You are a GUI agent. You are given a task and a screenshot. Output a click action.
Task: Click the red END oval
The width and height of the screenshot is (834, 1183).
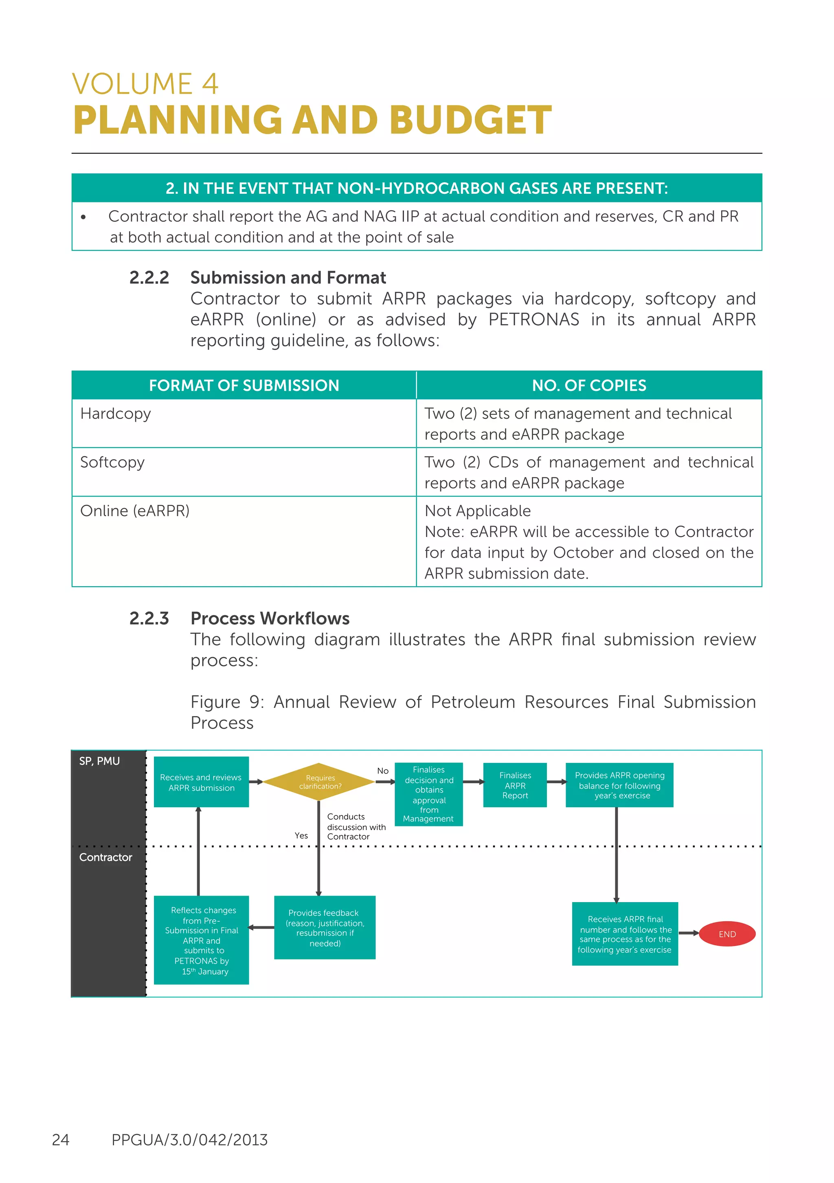pos(727,933)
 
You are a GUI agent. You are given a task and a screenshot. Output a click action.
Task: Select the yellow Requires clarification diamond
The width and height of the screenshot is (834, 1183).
pos(319,782)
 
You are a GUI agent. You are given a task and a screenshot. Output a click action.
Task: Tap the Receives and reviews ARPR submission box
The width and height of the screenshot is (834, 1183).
pos(201,782)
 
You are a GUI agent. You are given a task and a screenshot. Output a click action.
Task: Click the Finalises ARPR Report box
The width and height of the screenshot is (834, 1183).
pos(514,785)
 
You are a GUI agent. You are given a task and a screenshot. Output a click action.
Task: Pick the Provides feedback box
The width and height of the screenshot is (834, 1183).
pos(324,927)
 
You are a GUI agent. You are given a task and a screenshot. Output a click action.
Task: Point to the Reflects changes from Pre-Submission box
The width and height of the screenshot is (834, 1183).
pos(201,940)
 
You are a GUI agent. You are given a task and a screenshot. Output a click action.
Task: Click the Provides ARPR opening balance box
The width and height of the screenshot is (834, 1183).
pos(619,785)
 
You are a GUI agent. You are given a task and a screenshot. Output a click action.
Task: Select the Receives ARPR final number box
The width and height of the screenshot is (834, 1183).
pos(625,933)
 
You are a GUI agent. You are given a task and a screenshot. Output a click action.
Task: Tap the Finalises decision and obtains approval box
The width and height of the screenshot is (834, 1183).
pos(428,793)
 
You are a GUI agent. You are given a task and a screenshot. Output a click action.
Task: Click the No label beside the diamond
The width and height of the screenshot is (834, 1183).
pos(382,771)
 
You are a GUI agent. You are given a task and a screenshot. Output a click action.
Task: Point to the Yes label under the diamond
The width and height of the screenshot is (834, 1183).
pos(301,835)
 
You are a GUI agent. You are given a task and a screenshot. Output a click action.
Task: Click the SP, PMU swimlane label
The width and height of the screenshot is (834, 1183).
pos(99,761)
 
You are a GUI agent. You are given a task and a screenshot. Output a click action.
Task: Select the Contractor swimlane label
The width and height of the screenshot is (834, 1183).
pos(105,857)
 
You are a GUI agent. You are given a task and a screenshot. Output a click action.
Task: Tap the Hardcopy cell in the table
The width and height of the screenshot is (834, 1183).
pos(116,414)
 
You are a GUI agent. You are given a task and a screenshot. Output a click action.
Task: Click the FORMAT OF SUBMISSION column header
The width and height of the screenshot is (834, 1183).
pos(244,386)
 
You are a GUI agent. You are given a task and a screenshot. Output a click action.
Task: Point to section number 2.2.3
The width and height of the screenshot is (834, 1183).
pos(149,618)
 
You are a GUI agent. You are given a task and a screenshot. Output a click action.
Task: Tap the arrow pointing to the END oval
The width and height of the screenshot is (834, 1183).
pos(689,933)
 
